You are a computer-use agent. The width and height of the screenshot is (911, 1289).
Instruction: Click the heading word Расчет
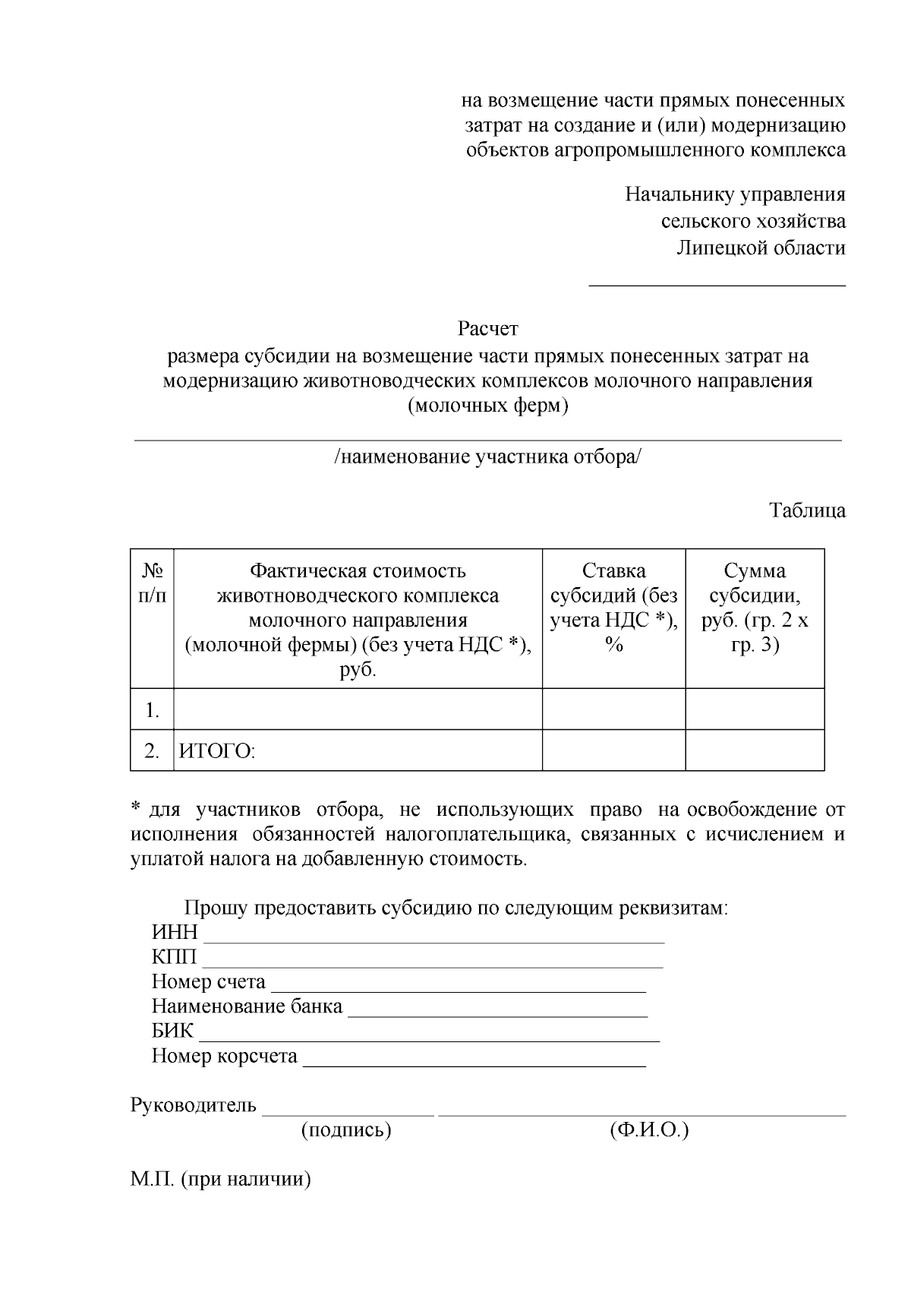487,329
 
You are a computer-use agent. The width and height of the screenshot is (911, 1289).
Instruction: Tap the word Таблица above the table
807,510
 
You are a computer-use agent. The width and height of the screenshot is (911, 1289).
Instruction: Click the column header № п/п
152,583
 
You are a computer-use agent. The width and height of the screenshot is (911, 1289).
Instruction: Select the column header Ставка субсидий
613,608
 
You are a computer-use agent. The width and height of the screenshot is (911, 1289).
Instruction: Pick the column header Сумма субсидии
755,608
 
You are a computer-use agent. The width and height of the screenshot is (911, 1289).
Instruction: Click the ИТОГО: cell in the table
217,751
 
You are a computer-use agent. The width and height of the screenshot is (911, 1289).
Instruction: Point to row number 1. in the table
152,710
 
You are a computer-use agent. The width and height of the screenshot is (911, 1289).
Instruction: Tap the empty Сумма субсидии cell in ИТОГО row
755,750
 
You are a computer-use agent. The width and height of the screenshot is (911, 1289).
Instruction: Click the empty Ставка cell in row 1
613,709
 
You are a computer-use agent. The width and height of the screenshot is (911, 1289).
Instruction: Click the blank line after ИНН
433,934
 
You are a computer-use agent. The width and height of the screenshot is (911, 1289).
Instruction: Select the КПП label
174,957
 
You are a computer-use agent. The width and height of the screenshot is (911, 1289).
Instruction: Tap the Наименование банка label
247,1007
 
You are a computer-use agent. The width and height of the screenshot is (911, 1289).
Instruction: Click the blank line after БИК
429,1034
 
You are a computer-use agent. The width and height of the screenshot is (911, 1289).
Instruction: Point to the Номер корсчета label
224,1057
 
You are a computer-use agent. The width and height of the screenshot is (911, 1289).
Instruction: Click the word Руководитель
194,1105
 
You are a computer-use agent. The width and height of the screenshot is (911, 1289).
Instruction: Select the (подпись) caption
346,1130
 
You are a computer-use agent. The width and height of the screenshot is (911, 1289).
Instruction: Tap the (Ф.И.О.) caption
648,1130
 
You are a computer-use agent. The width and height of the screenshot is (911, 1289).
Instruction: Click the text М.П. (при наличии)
220,1180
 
